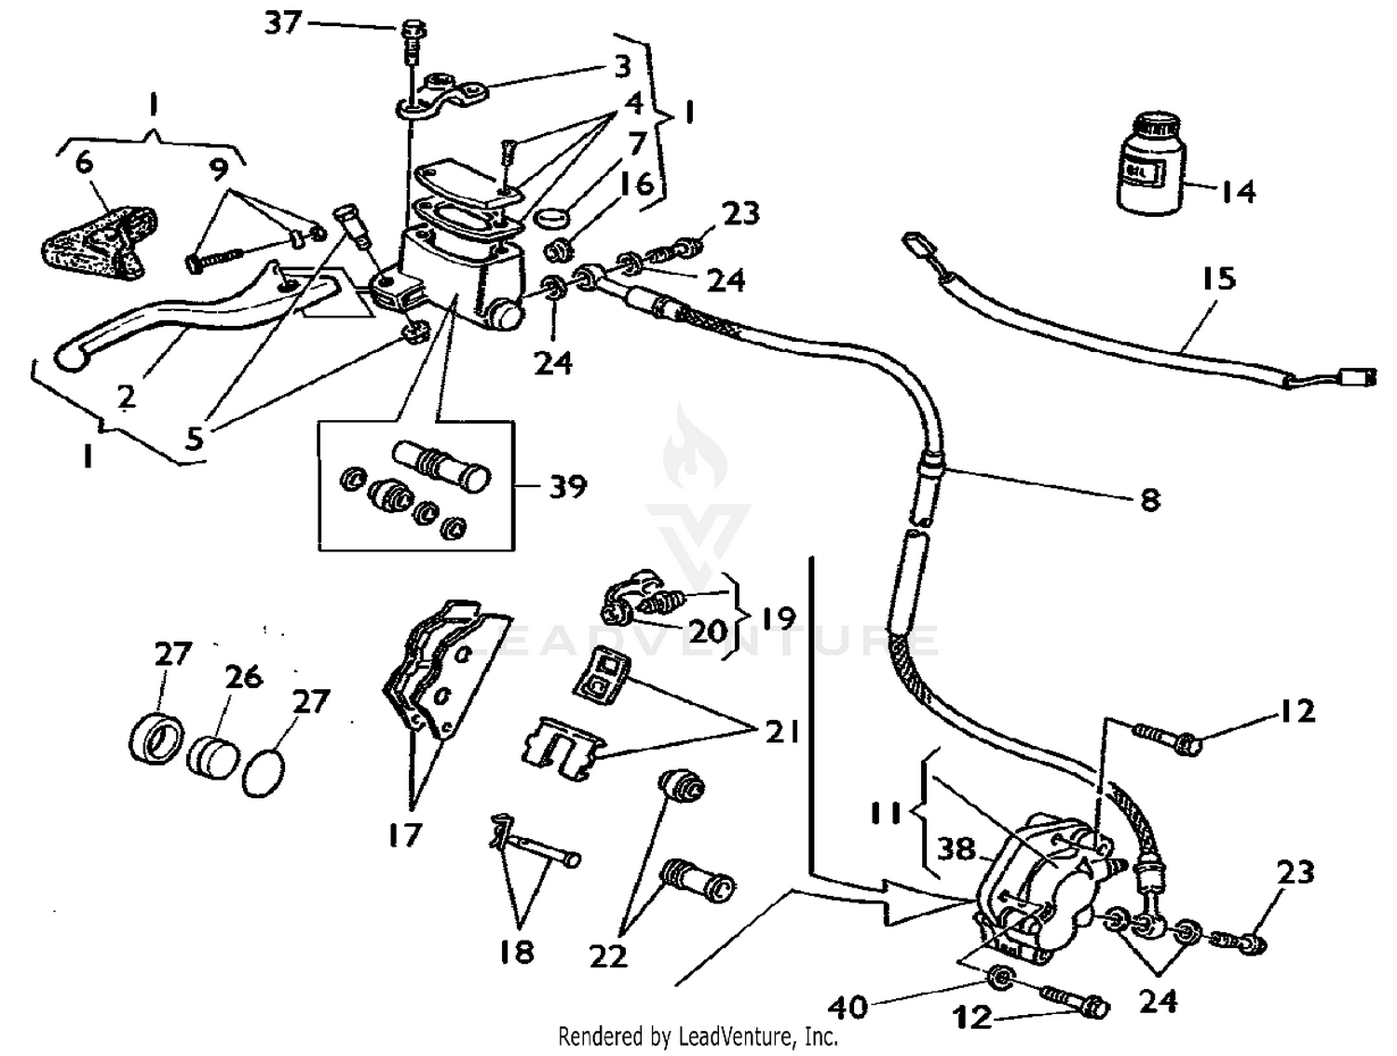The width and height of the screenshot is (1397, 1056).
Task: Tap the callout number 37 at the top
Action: (283, 21)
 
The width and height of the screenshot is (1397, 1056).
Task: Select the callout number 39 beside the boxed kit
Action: (567, 486)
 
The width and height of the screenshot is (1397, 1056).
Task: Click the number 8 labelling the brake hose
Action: (1150, 500)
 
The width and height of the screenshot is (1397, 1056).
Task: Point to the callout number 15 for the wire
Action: (1217, 278)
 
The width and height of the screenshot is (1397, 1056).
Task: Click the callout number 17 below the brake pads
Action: (405, 835)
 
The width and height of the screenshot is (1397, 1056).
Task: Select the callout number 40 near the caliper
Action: (848, 1006)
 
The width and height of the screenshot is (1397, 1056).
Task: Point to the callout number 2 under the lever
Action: (127, 397)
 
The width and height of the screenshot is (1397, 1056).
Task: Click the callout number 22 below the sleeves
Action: (608, 955)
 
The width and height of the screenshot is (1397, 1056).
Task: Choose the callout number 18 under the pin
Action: (516, 951)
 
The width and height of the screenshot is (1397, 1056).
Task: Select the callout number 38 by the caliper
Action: (956, 848)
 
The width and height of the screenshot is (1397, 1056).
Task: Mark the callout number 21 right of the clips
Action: (781, 732)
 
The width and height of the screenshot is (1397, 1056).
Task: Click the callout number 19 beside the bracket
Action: (778, 618)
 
